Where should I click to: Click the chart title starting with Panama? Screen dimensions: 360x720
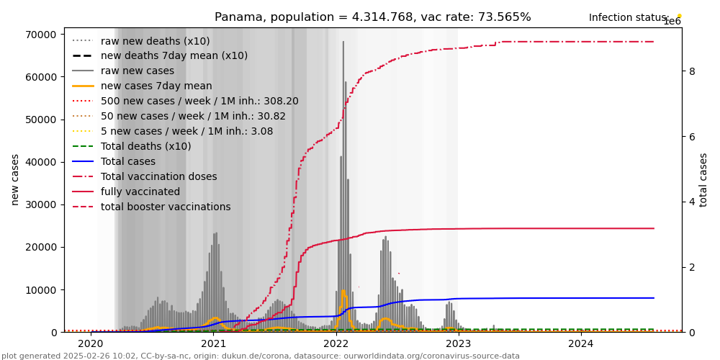pyautogui.click(x=372, y=17)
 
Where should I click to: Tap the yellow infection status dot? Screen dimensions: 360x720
pyautogui.click(x=679, y=15)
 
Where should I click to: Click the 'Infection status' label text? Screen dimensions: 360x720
pyautogui.click(x=629, y=18)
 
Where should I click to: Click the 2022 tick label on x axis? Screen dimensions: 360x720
pyautogui.click(x=336, y=344)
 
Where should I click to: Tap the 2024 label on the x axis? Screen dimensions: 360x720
pyautogui.click(x=581, y=344)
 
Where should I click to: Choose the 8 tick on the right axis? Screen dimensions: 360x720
pyautogui.click(x=691, y=71)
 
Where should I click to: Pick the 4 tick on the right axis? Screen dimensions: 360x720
pyautogui.click(x=691, y=202)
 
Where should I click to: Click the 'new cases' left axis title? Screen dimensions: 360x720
pyautogui.click(x=15, y=179)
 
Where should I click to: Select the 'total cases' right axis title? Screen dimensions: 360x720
pyautogui.click(x=703, y=179)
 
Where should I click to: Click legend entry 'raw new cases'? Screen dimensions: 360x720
pyautogui.click(x=137, y=71)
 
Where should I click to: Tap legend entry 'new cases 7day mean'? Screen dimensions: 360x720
pyautogui.click(x=150, y=86)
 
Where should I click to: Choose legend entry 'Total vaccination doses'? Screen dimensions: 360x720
pyautogui.click(x=158, y=176)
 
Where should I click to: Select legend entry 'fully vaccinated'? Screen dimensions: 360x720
pyautogui.click(x=140, y=192)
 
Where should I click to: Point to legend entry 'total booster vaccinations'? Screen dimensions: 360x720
pyautogui.click(x=166, y=207)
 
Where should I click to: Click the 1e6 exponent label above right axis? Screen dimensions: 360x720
pyautogui.click(x=671, y=22)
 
